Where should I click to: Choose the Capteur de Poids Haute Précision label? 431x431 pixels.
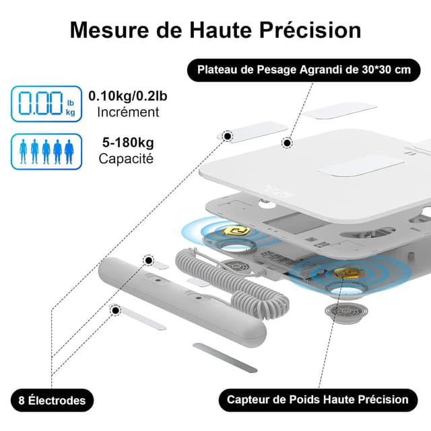317,399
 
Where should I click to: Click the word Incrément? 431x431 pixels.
128,112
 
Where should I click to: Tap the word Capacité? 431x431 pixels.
126,159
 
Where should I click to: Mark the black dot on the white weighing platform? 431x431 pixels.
287,143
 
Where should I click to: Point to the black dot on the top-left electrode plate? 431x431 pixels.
228,137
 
